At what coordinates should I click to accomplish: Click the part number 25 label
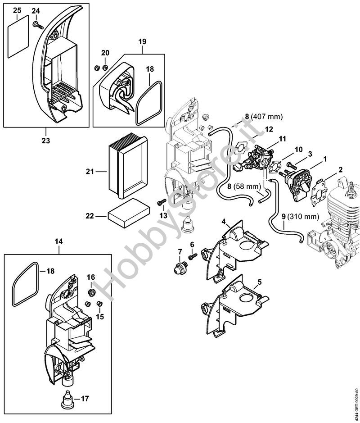17,10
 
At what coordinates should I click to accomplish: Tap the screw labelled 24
37,24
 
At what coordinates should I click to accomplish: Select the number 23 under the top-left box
45,141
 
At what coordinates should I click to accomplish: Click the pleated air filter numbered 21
128,171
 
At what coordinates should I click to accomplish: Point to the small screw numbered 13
161,204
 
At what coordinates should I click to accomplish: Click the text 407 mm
266,117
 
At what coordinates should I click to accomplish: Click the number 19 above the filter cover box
142,42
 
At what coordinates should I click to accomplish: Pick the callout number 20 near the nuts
105,53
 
